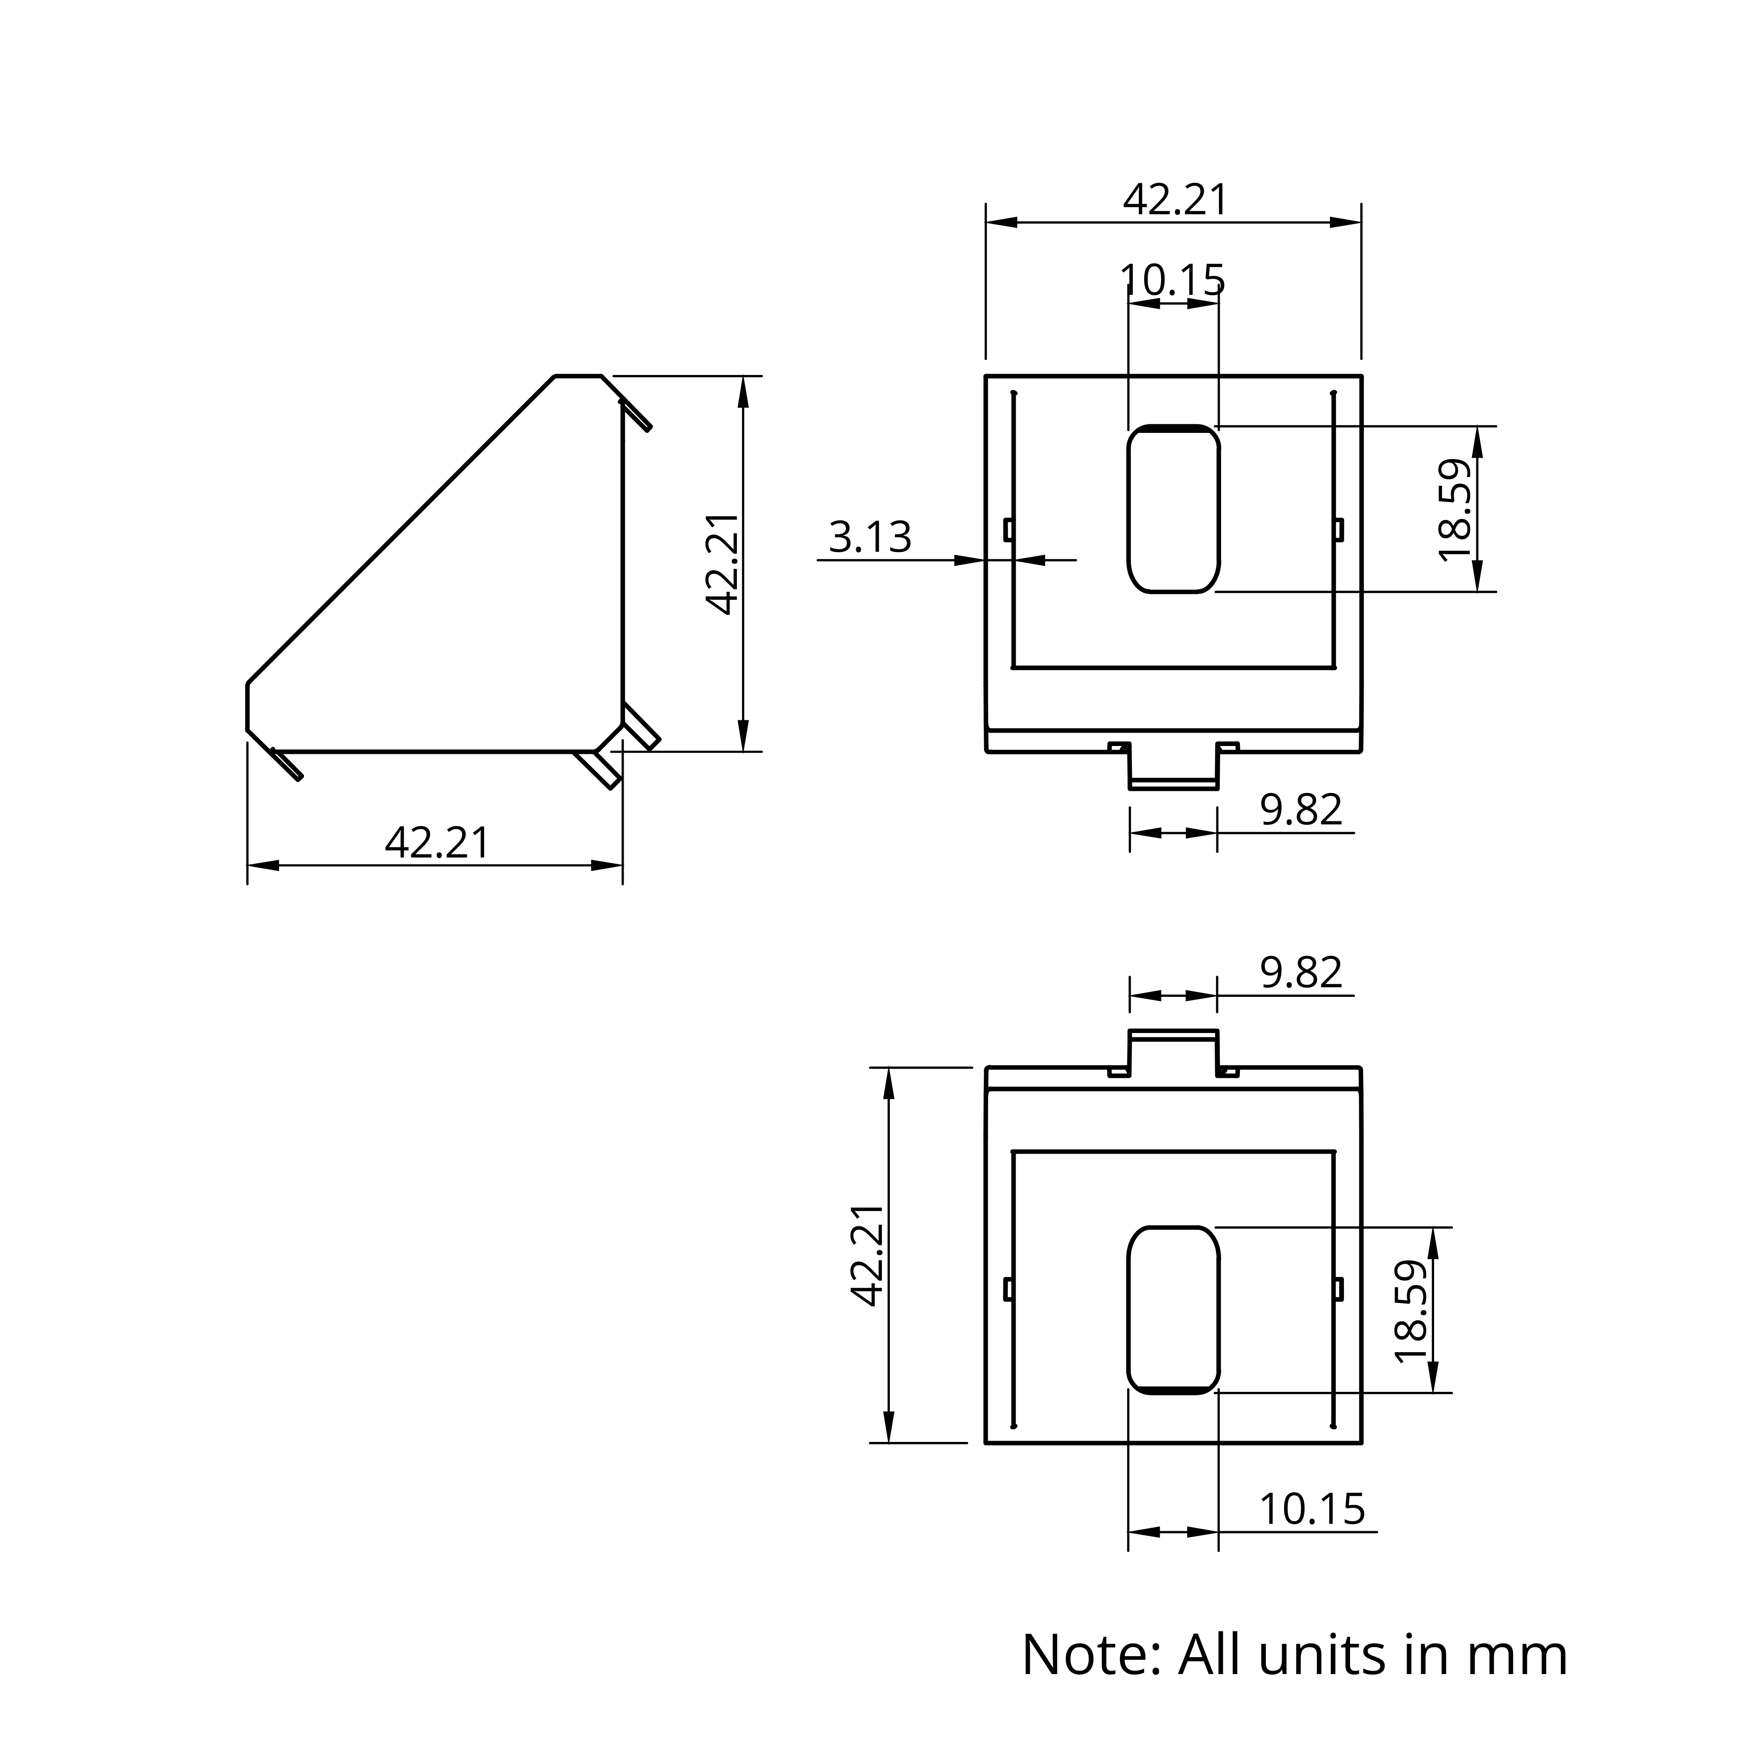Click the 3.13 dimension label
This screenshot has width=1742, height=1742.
(x=870, y=537)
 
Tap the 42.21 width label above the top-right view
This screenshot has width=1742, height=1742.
(x=1176, y=199)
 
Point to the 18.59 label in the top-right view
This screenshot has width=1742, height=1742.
(x=1455, y=510)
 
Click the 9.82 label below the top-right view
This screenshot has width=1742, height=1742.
(x=1301, y=810)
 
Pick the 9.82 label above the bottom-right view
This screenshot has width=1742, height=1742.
(x=1301, y=972)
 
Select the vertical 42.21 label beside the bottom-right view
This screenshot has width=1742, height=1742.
(x=868, y=1254)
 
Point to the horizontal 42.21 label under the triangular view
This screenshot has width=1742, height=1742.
(x=437, y=843)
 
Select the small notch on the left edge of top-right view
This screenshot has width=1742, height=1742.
(x=1009, y=530)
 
